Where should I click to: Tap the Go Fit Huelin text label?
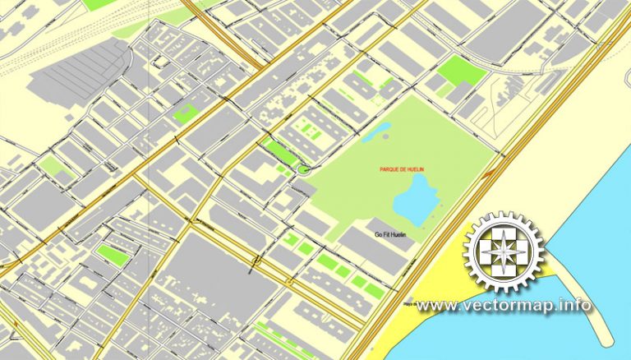pyautogui.click(x=391, y=234)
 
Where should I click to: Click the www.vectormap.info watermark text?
pyautogui.click(x=503, y=306)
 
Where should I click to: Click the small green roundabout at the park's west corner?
pyautogui.click(x=304, y=168)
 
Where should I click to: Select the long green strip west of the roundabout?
pyautogui.click(x=280, y=152)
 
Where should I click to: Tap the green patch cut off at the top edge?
pyautogui.click(x=99, y=4)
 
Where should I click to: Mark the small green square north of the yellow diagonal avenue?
pyautogui.click(x=187, y=113)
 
